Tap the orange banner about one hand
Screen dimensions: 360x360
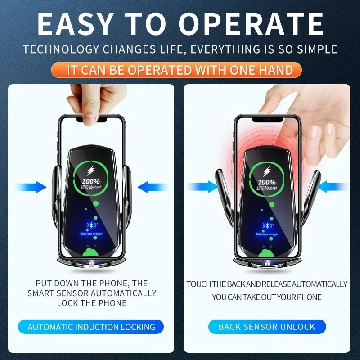point(180,70)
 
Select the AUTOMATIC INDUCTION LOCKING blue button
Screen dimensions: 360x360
point(91,327)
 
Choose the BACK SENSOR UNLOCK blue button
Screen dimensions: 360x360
point(267,327)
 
